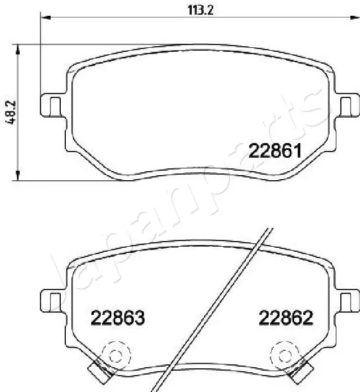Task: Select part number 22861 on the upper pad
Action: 276,150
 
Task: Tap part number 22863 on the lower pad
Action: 118,318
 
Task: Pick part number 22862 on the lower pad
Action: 286,318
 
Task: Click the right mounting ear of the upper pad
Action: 347,105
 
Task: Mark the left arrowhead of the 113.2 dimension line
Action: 45,18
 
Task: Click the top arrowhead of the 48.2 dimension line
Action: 19,48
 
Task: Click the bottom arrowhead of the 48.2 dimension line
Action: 19,176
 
